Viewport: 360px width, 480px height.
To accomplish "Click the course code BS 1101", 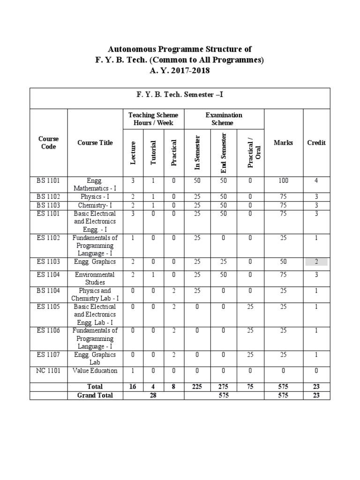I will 48,180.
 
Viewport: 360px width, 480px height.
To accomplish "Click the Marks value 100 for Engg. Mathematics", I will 284,180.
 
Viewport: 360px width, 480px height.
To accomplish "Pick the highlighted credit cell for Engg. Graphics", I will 316,262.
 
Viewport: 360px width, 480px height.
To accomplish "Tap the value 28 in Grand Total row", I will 153,395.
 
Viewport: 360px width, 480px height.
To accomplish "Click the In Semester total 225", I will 197,387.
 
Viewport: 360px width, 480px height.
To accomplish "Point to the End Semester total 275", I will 224,387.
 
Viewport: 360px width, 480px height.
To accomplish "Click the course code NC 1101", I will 48,371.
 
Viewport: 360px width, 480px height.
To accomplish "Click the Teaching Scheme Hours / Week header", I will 153,119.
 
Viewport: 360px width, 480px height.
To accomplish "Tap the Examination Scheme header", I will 224,119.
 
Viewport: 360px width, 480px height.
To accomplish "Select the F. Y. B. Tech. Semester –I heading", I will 180,95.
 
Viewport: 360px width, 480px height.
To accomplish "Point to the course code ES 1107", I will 48,355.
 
